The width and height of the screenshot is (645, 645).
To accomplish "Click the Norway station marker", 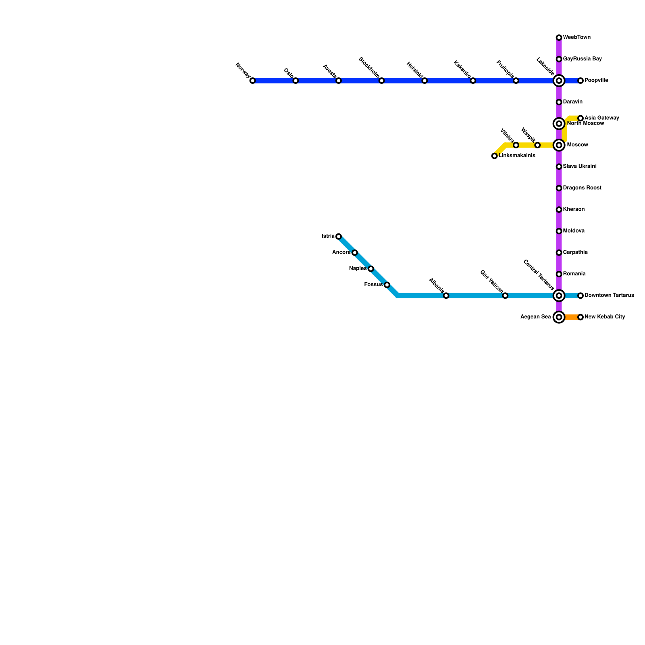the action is pyautogui.click(x=252, y=81).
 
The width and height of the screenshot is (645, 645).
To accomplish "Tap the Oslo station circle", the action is pyautogui.click(x=295, y=81).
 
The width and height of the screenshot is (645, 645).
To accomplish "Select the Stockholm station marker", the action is pyautogui.click(x=381, y=81).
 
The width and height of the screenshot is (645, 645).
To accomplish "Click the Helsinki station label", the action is pyautogui.click(x=415, y=70).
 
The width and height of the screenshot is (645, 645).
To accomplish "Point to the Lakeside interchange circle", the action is pyautogui.click(x=559, y=81).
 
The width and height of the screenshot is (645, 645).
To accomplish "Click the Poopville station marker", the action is pyautogui.click(x=580, y=81).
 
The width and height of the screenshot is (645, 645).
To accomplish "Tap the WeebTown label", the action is pyautogui.click(x=576, y=37).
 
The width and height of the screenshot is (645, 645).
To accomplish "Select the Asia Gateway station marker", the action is pyautogui.click(x=580, y=119).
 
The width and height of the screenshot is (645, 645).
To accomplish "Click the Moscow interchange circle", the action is pyautogui.click(x=559, y=145).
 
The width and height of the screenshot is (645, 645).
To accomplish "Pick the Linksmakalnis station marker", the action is pyautogui.click(x=494, y=156).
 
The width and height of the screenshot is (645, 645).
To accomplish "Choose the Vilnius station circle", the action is pyautogui.click(x=516, y=145).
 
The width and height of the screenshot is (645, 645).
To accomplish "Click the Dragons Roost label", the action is pyautogui.click(x=582, y=188).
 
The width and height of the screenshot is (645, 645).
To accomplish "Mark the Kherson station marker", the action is pyautogui.click(x=559, y=210).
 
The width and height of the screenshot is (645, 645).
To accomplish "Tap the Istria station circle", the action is pyautogui.click(x=339, y=236).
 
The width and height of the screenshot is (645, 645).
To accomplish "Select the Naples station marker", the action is pyautogui.click(x=371, y=268).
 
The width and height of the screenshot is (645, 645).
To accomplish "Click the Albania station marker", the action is pyautogui.click(x=446, y=296).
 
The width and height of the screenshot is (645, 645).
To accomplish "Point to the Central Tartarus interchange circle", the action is pyautogui.click(x=559, y=296).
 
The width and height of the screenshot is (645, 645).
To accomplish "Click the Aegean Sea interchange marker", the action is pyautogui.click(x=559, y=317).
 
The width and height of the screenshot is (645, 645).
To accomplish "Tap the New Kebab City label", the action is pyautogui.click(x=605, y=317).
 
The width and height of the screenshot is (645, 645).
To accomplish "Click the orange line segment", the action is pyautogui.click(x=571, y=317).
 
